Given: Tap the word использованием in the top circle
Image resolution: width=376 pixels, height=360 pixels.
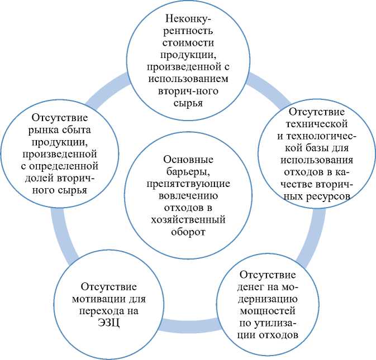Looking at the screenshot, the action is click(x=188, y=79).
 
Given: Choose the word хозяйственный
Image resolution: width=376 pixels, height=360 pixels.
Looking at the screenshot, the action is click(x=188, y=219).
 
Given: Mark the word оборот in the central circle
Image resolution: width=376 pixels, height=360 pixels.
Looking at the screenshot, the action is click(x=188, y=232).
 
